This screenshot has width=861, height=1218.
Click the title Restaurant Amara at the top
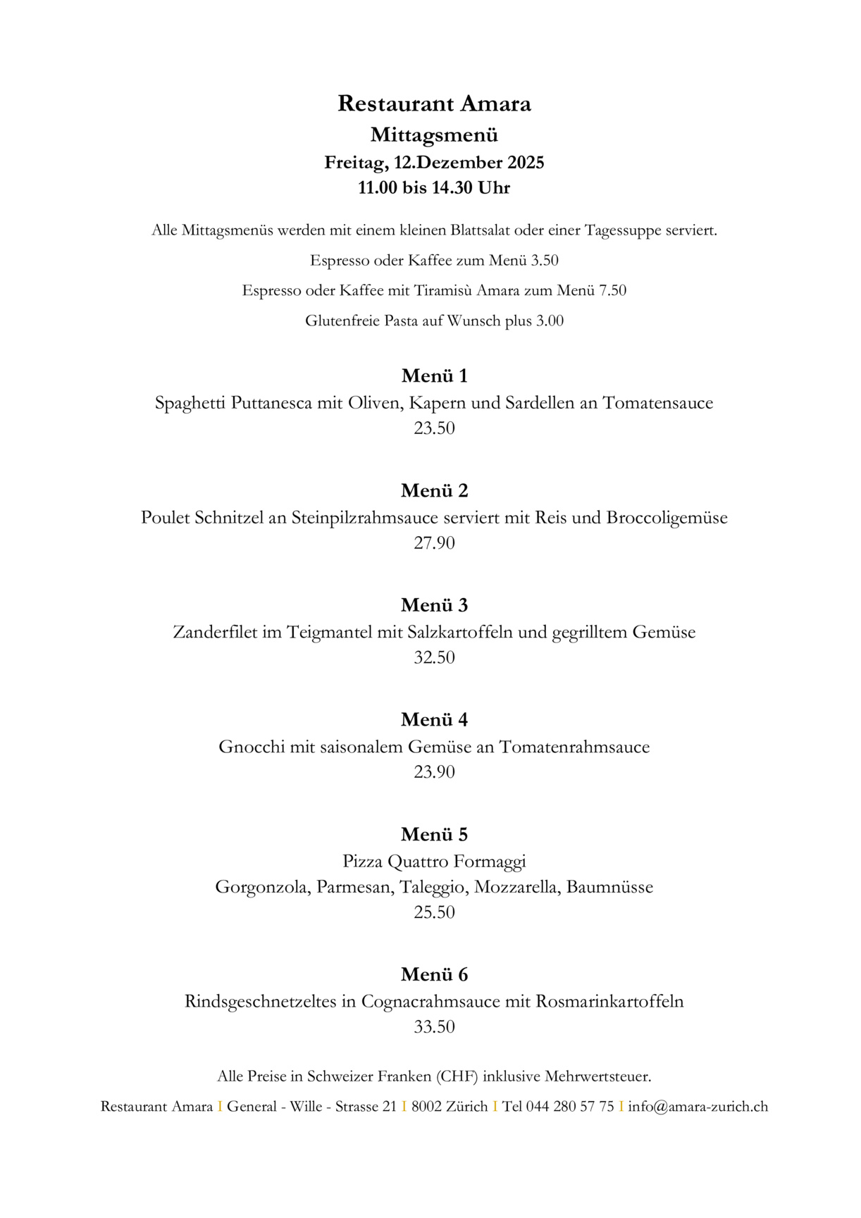(434, 104)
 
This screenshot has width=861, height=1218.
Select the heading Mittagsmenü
(434, 135)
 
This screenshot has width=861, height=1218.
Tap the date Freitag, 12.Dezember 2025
(434, 163)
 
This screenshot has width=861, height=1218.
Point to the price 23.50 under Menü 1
(434, 428)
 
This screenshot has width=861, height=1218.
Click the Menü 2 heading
(434, 490)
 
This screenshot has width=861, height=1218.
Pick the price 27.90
(434, 543)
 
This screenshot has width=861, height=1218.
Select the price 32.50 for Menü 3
(434, 658)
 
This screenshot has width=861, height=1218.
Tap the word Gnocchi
(252, 747)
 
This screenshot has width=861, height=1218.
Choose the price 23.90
(434, 772)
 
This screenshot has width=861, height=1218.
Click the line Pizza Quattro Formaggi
(434, 862)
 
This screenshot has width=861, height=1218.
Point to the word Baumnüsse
(609, 887)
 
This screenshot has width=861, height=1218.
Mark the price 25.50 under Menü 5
(434, 912)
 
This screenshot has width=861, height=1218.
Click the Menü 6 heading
(434, 974)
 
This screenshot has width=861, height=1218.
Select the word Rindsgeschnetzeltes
(260, 1002)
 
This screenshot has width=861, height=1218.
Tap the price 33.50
(434, 1027)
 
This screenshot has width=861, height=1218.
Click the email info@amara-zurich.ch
(698, 1107)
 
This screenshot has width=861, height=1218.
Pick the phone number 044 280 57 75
(570, 1107)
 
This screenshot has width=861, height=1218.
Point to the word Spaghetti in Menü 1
(190, 404)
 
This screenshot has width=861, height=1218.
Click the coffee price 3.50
(545, 261)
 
